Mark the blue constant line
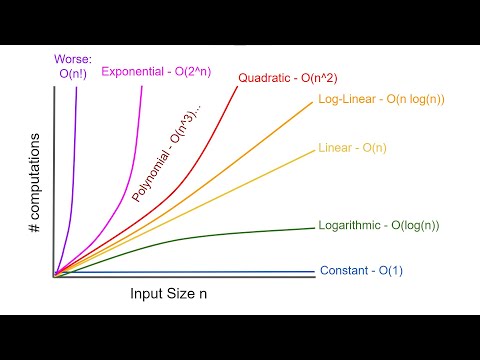coord(200,272)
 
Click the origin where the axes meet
coord(53,276)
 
